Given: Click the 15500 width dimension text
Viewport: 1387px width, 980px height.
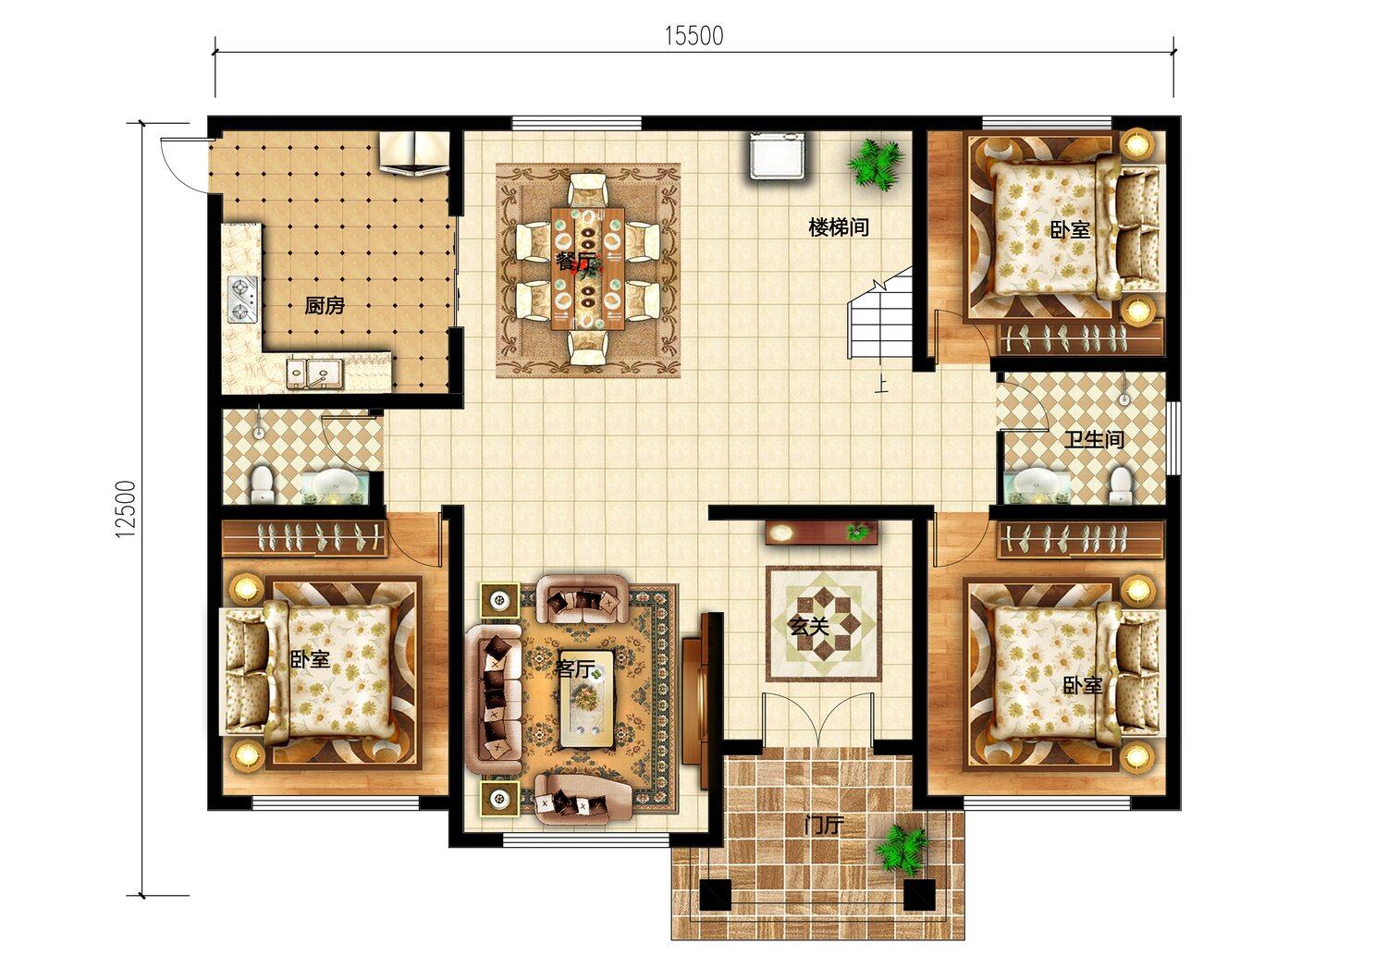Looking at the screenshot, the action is coord(694,37).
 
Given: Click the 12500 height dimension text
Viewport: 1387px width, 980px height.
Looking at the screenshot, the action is coord(127,508).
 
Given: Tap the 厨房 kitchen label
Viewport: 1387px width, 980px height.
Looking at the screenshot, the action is coord(325,306).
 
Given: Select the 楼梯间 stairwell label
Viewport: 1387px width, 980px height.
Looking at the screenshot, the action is coord(839,227).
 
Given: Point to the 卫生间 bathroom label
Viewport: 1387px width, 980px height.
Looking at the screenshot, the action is coord(1095,439).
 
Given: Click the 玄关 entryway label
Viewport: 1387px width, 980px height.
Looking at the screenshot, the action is coord(809,627).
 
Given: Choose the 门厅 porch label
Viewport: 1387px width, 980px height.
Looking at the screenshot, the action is coord(824,826).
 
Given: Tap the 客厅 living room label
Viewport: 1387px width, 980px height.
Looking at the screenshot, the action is coord(574,668).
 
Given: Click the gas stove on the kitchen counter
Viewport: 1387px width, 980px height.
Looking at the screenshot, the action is coord(242,300).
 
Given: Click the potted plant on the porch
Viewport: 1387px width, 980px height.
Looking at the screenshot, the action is coord(902,850).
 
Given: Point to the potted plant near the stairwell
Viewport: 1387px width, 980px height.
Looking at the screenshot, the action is coord(874,163).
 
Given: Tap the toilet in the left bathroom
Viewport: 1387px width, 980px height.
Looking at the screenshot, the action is coord(263,484).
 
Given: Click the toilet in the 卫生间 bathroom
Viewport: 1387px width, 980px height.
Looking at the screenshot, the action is coord(1120,486).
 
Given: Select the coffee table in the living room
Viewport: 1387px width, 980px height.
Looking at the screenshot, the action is coord(586,700).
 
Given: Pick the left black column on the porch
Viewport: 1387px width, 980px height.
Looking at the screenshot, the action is coord(715,895).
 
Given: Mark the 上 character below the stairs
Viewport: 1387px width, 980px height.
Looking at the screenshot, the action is coord(880,385).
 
